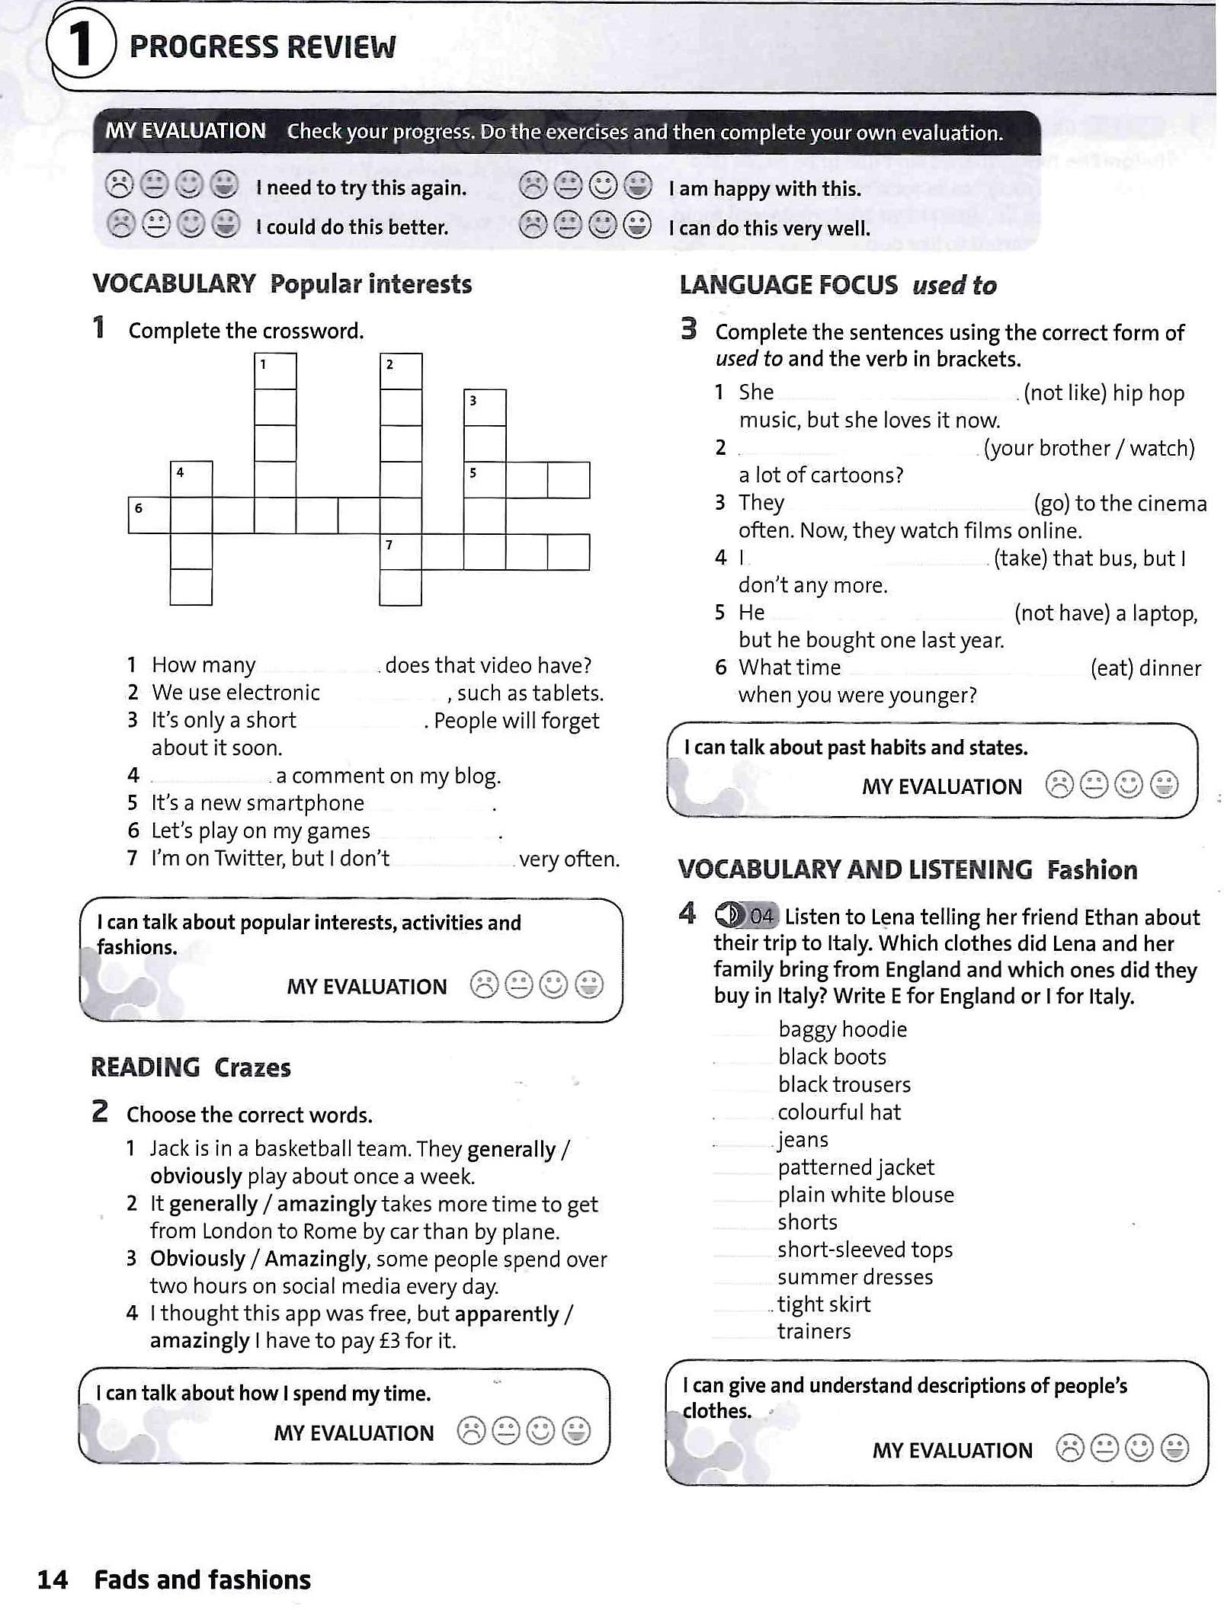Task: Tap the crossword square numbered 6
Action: click(x=149, y=514)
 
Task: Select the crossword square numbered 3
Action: click(x=485, y=407)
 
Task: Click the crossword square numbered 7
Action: click(x=400, y=552)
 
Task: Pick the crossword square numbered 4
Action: click(x=191, y=479)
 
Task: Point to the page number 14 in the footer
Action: click(x=52, y=1580)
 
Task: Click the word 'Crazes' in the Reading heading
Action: click(x=252, y=1067)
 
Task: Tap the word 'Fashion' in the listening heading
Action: click(x=1091, y=869)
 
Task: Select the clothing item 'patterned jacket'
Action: click(x=855, y=1167)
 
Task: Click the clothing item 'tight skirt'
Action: click(x=823, y=1304)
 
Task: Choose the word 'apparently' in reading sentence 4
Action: click(x=507, y=1314)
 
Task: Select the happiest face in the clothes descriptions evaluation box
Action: click(x=1174, y=1448)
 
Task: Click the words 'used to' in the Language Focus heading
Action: click(x=954, y=285)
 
